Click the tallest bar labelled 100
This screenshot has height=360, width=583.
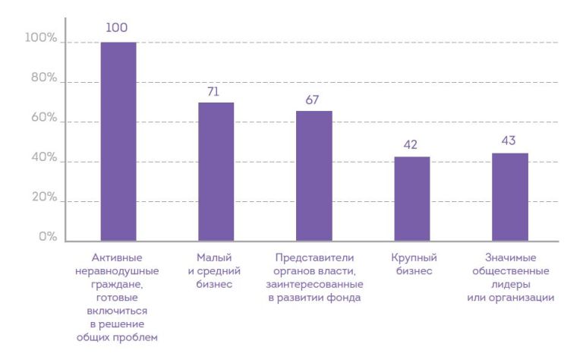click(118, 141)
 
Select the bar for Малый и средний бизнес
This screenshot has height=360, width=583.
click(216, 172)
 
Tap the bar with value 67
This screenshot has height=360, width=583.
click(314, 176)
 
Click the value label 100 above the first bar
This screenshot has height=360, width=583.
click(117, 28)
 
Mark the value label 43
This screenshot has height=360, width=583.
click(509, 141)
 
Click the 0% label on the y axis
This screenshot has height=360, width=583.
click(47, 237)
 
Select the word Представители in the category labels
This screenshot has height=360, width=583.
click(314, 258)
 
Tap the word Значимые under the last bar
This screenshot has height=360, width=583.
click(509, 258)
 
